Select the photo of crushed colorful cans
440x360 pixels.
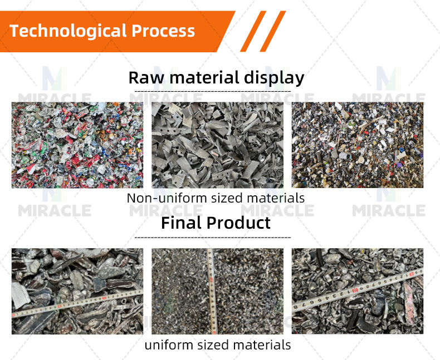[x=77, y=145]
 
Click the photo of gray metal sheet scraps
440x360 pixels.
[x=217, y=145]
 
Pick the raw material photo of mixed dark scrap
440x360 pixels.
[x=357, y=145]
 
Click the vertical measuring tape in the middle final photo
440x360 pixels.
[x=211, y=289]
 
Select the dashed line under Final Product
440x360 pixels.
[x=213, y=238]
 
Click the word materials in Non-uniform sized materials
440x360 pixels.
[x=271, y=198]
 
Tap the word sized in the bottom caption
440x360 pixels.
[x=213, y=345]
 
